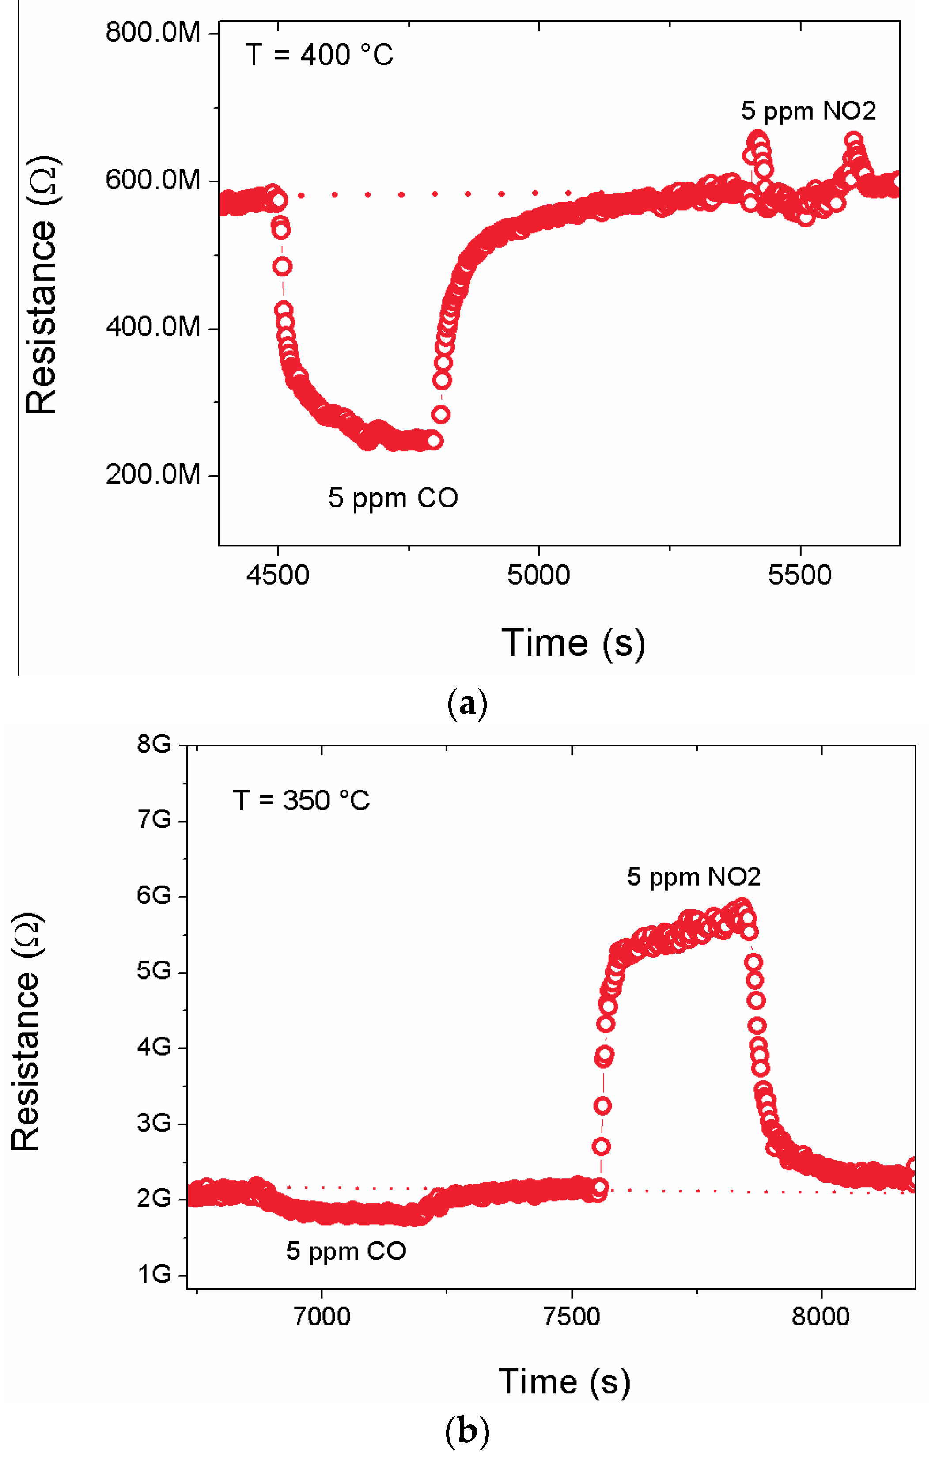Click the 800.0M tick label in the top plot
[152, 33]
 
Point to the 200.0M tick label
[152, 474]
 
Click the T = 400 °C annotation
[319, 55]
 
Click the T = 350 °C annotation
[301, 800]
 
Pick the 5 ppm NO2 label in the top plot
[808, 111]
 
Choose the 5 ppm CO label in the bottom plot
[346, 1251]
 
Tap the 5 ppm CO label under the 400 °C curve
[393, 498]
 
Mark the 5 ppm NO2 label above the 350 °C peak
[693, 877]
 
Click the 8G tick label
[154, 744]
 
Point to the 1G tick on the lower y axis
[154, 1274]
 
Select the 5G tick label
[154, 971]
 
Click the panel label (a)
[467, 704]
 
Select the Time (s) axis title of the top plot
[572, 643]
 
